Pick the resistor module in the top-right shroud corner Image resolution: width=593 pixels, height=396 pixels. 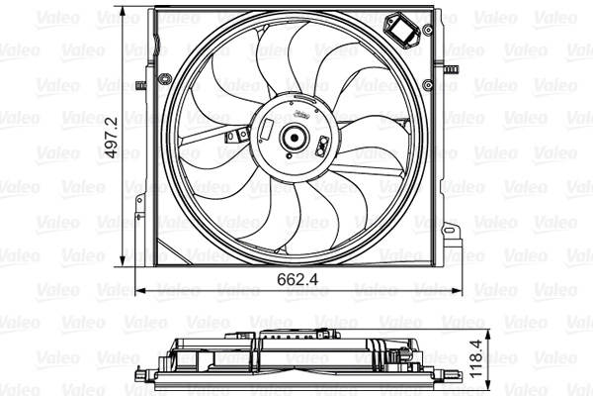point(405,31)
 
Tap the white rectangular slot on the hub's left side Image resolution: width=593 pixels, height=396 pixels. point(269,129)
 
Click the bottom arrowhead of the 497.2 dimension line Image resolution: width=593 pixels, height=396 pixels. point(122,265)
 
